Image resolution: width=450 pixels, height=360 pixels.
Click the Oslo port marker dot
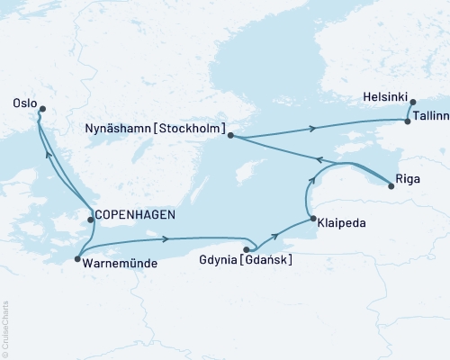(x=39, y=110)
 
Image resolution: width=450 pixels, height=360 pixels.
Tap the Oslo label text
(x=25, y=103)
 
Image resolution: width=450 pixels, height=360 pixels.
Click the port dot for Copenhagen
(x=90, y=219)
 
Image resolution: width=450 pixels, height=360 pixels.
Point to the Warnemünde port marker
(x=76, y=259)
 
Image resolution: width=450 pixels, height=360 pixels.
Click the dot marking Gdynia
(x=246, y=250)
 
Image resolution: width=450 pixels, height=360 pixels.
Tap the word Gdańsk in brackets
(x=272, y=261)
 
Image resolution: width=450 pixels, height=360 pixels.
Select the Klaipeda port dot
(x=311, y=219)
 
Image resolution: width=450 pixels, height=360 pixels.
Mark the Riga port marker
(x=391, y=185)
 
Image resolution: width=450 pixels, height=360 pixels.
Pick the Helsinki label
(x=385, y=95)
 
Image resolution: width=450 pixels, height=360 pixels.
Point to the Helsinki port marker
(x=412, y=103)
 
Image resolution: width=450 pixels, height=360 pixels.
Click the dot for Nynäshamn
(x=231, y=136)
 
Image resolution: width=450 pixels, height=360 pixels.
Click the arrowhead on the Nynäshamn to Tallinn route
(x=312, y=129)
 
